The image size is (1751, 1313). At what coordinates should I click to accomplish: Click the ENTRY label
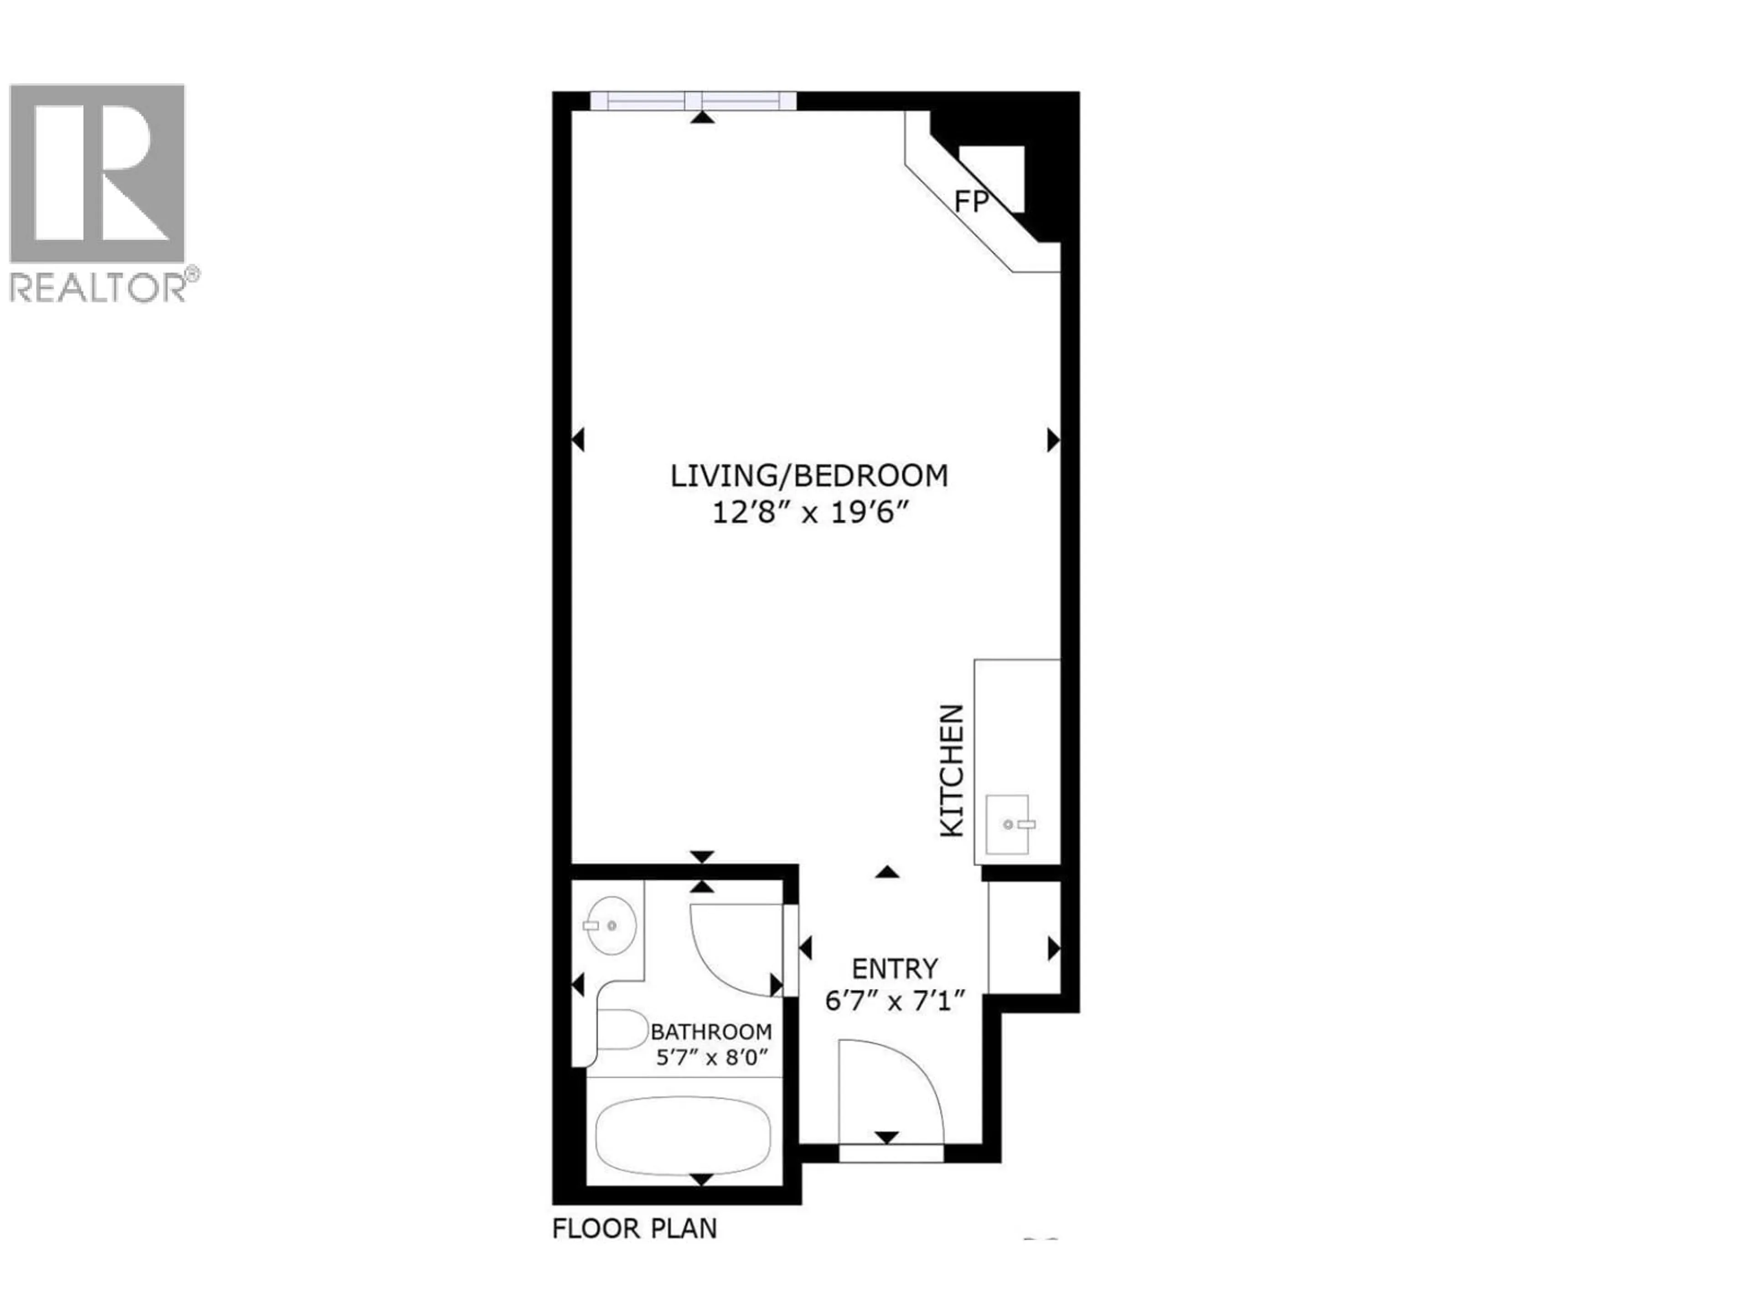point(895,969)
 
